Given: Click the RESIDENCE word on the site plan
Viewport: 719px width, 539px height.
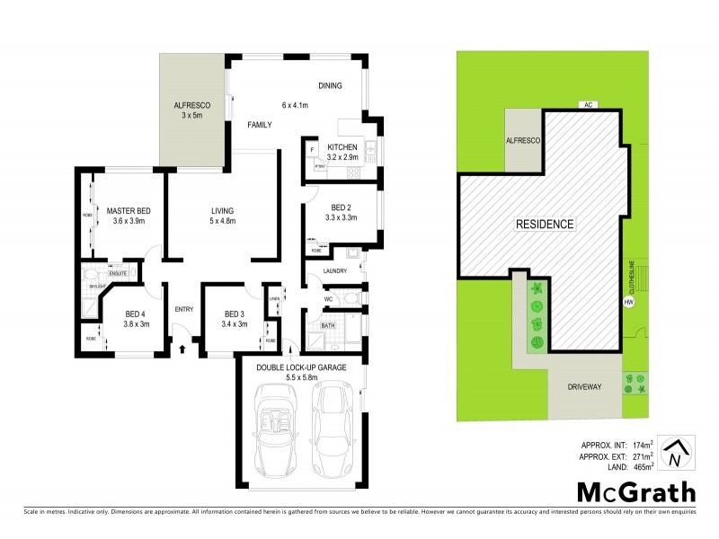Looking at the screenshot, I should (x=545, y=224).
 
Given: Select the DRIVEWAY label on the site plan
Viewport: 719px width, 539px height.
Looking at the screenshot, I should (x=584, y=387).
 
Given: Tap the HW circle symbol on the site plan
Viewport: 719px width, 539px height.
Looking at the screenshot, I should (x=626, y=302).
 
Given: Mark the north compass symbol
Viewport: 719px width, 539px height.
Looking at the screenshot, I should (x=674, y=455).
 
